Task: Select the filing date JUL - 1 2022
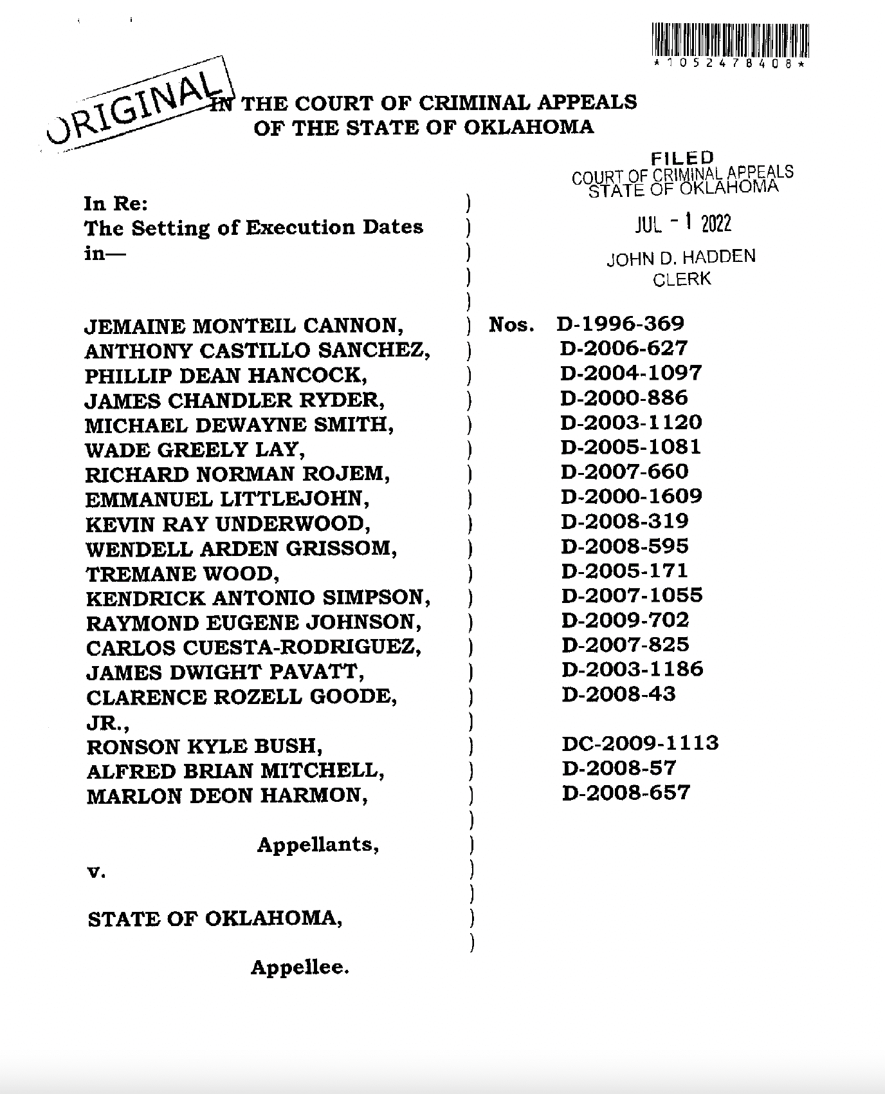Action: pyautogui.click(x=683, y=225)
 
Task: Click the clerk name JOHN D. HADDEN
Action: pyautogui.click(x=681, y=258)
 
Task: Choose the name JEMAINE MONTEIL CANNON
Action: pyautogui.click(x=244, y=326)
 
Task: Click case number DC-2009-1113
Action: pyautogui.click(x=640, y=743)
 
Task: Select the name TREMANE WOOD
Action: pyautogui.click(x=182, y=574)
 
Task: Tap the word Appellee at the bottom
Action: pyautogui.click(x=300, y=967)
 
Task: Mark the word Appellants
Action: pyautogui.click(x=318, y=844)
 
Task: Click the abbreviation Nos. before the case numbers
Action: pyautogui.click(x=511, y=325)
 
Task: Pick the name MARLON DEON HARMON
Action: pyautogui.click(x=227, y=796)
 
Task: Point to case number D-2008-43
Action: pyautogui.click(x=618, y=694)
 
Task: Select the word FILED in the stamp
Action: pyautogui.click(x=682, y=158)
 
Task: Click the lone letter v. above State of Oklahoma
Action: pyautogui.click(x=95, y=874)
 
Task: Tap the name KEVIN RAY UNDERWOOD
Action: pyautogui.click(x=228, y=524)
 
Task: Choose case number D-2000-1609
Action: pyautogui.click(x=632, y=496)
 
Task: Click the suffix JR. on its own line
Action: pyautogui.click(x=109, y=723)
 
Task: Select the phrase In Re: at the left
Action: pyautogui.click(x=116, y=204)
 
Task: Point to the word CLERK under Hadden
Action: pyautogui.click(x=682, y=280)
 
